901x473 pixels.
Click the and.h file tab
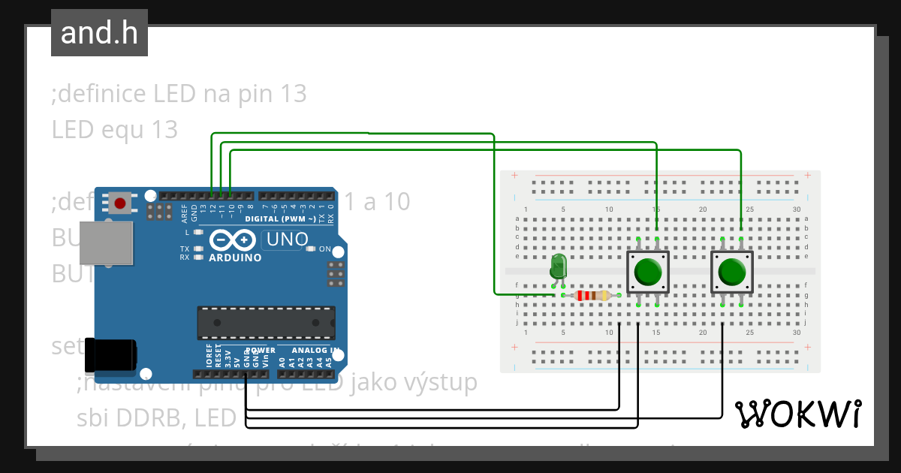(99, 33)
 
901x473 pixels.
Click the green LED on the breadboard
(558, 267)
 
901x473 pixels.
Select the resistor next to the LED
(591, 295)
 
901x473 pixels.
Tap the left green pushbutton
(647, 272)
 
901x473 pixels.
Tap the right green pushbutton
(731, 272)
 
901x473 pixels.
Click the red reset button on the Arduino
(119, 202)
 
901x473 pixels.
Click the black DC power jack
(110, 354)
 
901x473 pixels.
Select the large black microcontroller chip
(266, 322)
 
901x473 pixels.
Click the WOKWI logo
(797, 413)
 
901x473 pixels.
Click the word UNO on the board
(285, 240)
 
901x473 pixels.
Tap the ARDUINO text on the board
(236, 258)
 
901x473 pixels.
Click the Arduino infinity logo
(233, 240)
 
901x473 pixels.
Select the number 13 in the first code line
(293, 95)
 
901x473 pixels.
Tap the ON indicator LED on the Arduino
(310, 249)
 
